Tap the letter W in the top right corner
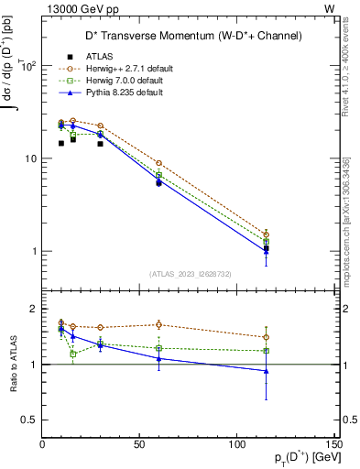pos(329,8)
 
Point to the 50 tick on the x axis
pos(140,444)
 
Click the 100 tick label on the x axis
pos(236,444)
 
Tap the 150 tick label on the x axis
pos(333,444)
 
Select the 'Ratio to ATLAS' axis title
pos(13,365)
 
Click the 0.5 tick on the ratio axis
pos(30,420)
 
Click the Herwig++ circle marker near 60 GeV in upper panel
pos(159,163)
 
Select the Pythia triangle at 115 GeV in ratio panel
pos(266,371)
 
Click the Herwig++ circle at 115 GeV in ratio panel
pos(266,337)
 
